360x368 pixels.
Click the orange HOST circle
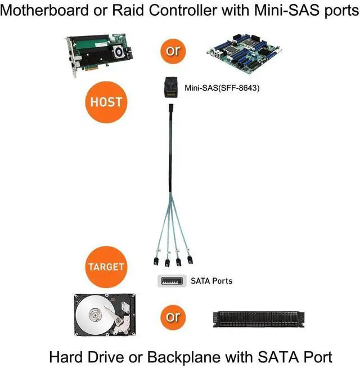(x=106, y=102)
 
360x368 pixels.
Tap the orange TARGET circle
(x=106, y=267)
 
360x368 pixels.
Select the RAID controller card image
(x=99, y=55)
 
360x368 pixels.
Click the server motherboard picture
(x=244, y=53)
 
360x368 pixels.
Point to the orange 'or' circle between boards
(x=173, y=51)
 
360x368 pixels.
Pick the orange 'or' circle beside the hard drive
(x=173, y=317)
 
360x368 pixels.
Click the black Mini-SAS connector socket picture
(x=170, y=88)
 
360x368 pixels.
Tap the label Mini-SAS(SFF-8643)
(x=222, y=88)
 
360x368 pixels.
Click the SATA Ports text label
(x=211, y=281)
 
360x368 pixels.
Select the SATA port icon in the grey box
(x=172, y=281)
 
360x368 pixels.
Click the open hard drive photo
(x=105, y=315)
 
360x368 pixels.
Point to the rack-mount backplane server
(x=259, y=320)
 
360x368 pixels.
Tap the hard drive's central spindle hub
(x=95, y=315)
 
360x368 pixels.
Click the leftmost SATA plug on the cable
(x=156, y=261)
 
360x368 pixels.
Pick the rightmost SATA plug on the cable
(x=190, y=260)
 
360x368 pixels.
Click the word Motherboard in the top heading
(x=44, y=10)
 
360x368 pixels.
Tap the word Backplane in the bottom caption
(x=184, y=357)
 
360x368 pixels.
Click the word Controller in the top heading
(x=183, y=10)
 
